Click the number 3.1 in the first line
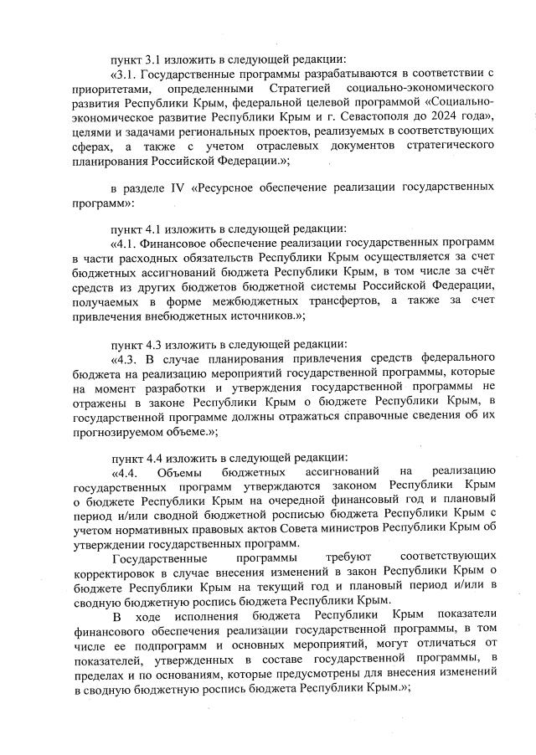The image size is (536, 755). pos(155,59)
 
